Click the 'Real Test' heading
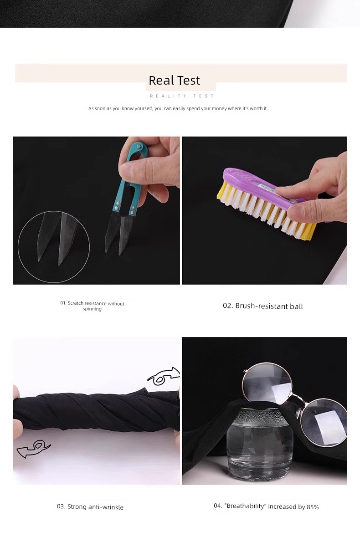tap(175, 81)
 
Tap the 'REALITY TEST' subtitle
tap(182, 96)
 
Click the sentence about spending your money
tap(178, 108)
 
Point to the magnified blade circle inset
tap(54, 247)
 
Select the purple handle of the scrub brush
tap(260, 185)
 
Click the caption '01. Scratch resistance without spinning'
tap(92, 306)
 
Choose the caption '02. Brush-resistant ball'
tap(263, 306)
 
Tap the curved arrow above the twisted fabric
tap(164, 376)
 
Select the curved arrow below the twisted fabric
tap(34, 449)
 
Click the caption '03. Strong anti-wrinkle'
tap(90, 507)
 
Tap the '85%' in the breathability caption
tap(313, 507)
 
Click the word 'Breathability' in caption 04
tap(246, 506)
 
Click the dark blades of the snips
tap(118, 231)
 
